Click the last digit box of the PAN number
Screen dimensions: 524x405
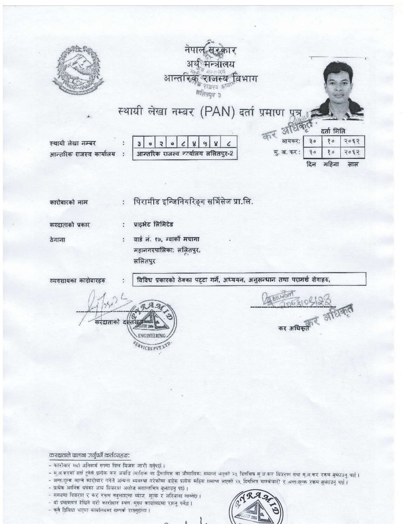tap(233, 144)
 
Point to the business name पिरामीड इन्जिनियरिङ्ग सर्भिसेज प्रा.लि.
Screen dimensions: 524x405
tap(197, 202)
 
